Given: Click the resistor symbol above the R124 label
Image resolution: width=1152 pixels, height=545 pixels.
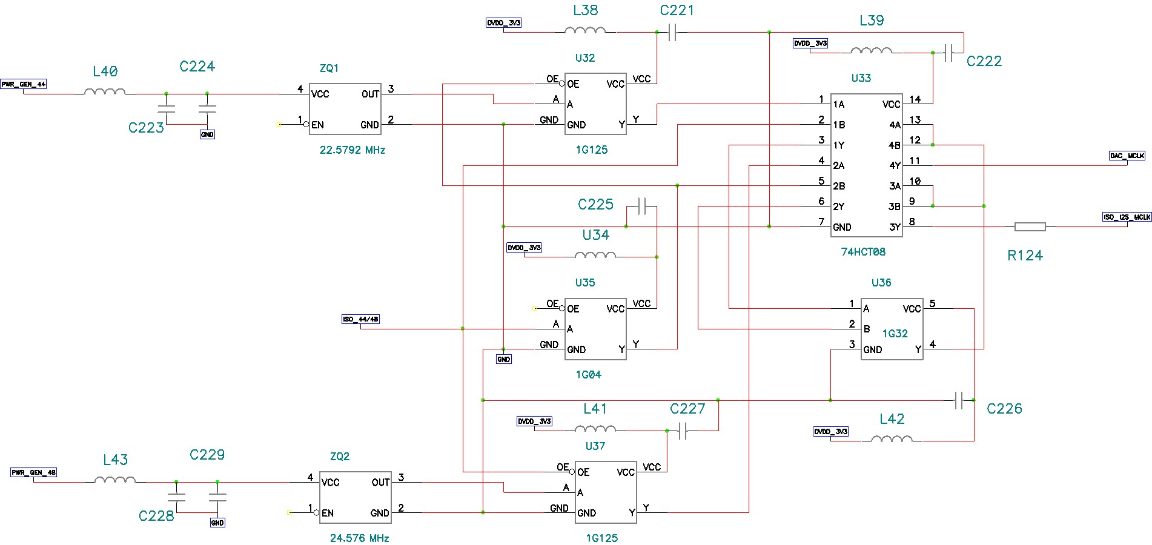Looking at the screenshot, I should (x=1030, y=227).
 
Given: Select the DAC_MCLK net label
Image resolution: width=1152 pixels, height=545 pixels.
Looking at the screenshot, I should (x=1127, y=156).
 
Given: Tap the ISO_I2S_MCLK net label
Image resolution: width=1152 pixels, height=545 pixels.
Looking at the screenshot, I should (x=1127, y=217).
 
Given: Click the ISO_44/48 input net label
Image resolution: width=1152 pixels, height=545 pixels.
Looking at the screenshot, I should (x=360, y=319).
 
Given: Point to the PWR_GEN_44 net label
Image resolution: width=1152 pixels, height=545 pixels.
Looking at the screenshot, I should (x=23, y=84).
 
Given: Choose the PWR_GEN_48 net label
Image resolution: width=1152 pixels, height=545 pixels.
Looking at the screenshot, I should (x=33, y=472).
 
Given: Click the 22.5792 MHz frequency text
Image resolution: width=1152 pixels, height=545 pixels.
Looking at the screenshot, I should (x=352, y=150).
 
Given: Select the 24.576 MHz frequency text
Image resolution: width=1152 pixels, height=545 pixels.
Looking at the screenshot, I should (x=359, y=538).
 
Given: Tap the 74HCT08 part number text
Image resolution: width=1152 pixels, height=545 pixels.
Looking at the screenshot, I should (x=862, y=252).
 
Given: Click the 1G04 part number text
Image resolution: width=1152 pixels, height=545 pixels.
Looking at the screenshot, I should (x=588, y=375).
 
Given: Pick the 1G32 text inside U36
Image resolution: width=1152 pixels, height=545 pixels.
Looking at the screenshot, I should (x=895, y=334).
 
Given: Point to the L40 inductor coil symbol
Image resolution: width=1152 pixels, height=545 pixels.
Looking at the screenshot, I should (x=105, y=92).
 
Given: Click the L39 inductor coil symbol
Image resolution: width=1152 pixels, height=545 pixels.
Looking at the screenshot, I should (x=871, y=51).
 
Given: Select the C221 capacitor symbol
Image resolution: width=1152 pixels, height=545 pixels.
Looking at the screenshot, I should (x=672, y=33).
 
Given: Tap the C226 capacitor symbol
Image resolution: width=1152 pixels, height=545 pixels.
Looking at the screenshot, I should (x=959, y=400).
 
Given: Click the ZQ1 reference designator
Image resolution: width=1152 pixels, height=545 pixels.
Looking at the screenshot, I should (x=329, y=68).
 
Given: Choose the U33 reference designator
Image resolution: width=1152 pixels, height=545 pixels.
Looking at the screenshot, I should (x=861, y=78).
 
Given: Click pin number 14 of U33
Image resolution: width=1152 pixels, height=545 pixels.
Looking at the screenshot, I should (x=915, y=99).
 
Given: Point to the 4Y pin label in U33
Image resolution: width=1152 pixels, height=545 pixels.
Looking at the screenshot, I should (x=895, y=165).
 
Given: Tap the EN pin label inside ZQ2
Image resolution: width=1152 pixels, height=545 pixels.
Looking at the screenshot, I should (x=327, y=513).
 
